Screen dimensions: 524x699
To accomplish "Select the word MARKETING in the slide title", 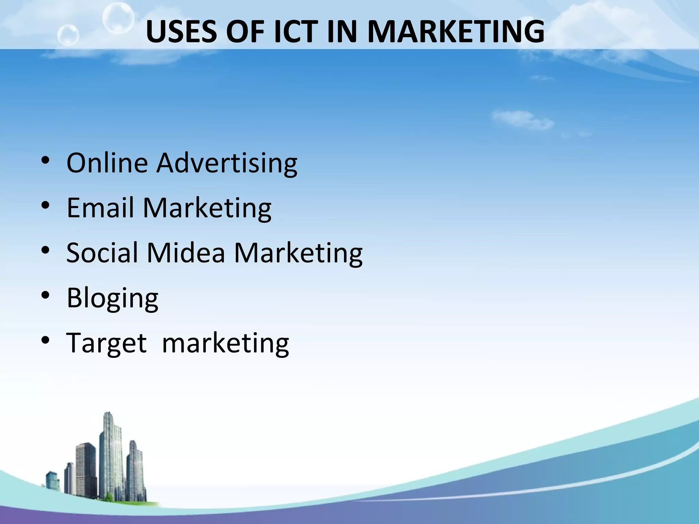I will coord(456,31).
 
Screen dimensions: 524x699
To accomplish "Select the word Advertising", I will coord(227,163).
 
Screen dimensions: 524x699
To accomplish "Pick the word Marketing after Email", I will coord(207,208).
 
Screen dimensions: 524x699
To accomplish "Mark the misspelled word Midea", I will coord(186,252).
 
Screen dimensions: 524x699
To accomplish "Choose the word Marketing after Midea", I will coord(298,253).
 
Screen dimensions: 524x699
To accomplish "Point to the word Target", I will coord(106,343).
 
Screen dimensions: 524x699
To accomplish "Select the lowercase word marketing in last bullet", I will coord(226,343).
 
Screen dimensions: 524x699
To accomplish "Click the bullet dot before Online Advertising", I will coord(45,162).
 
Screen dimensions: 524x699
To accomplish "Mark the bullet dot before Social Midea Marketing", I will coord(45,251).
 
